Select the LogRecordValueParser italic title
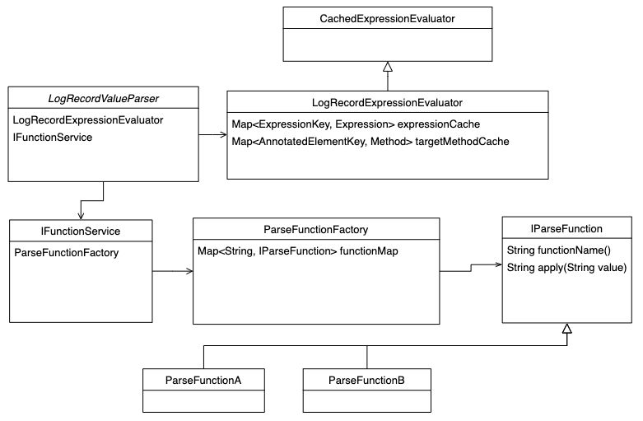(103, 99)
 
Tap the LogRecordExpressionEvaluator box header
(387, 102)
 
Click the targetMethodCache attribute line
(370, 142)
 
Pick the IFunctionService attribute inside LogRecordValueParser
(53, 137)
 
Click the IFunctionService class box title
(81, 230)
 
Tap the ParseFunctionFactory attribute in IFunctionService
(67, 252)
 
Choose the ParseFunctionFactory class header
(315, 229)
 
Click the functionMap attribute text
(298, 250)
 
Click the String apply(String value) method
(566, 267)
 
